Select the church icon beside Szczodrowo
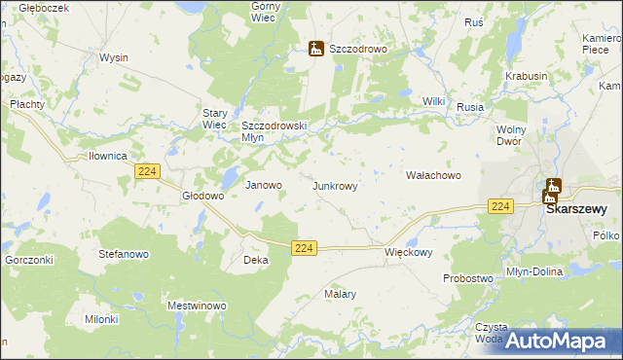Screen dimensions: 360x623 point(315,48)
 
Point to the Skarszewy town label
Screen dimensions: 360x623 point(575,208)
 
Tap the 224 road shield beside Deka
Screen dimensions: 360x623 point(304,249)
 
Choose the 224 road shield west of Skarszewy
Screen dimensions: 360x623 point(500,206)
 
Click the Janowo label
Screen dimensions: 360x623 point(263,185)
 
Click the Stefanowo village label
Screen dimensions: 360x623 point(123,254)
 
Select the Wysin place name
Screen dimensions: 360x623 point(114,57)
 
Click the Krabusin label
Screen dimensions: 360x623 point(527,76)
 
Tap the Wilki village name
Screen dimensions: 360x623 point(433,101)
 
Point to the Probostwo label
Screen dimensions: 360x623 point(467,278)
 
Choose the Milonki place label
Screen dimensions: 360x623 point(101,319)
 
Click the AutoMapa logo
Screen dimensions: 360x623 point(558,341)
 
